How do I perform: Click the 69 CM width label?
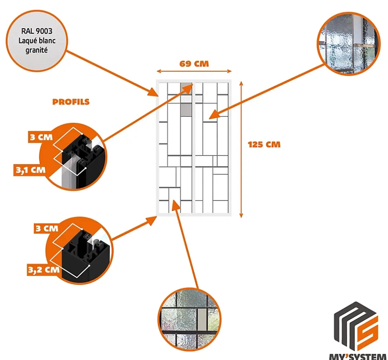coord(194,64)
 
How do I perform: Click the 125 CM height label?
coord(264,145)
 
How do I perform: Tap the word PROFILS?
coord(71,102)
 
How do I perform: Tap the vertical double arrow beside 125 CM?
coord(242,148)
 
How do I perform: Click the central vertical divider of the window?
coord(193,148)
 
